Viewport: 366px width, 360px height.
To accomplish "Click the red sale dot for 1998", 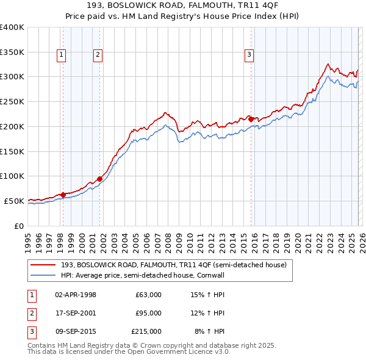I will (x=63, y=195).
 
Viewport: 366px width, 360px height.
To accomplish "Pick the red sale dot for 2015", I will (x=251, y=120).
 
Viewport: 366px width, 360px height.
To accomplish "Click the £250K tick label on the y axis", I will (x=12, y=101).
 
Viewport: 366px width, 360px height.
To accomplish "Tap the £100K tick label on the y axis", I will (x=12, y=176).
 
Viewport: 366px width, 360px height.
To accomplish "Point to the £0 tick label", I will (x=18, y=226).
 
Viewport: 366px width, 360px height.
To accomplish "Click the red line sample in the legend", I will (x=44, y=265).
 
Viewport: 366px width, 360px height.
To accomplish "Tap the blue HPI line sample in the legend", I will (x=44, y=276).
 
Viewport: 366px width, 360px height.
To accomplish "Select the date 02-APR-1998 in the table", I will (x=75, y=294).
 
